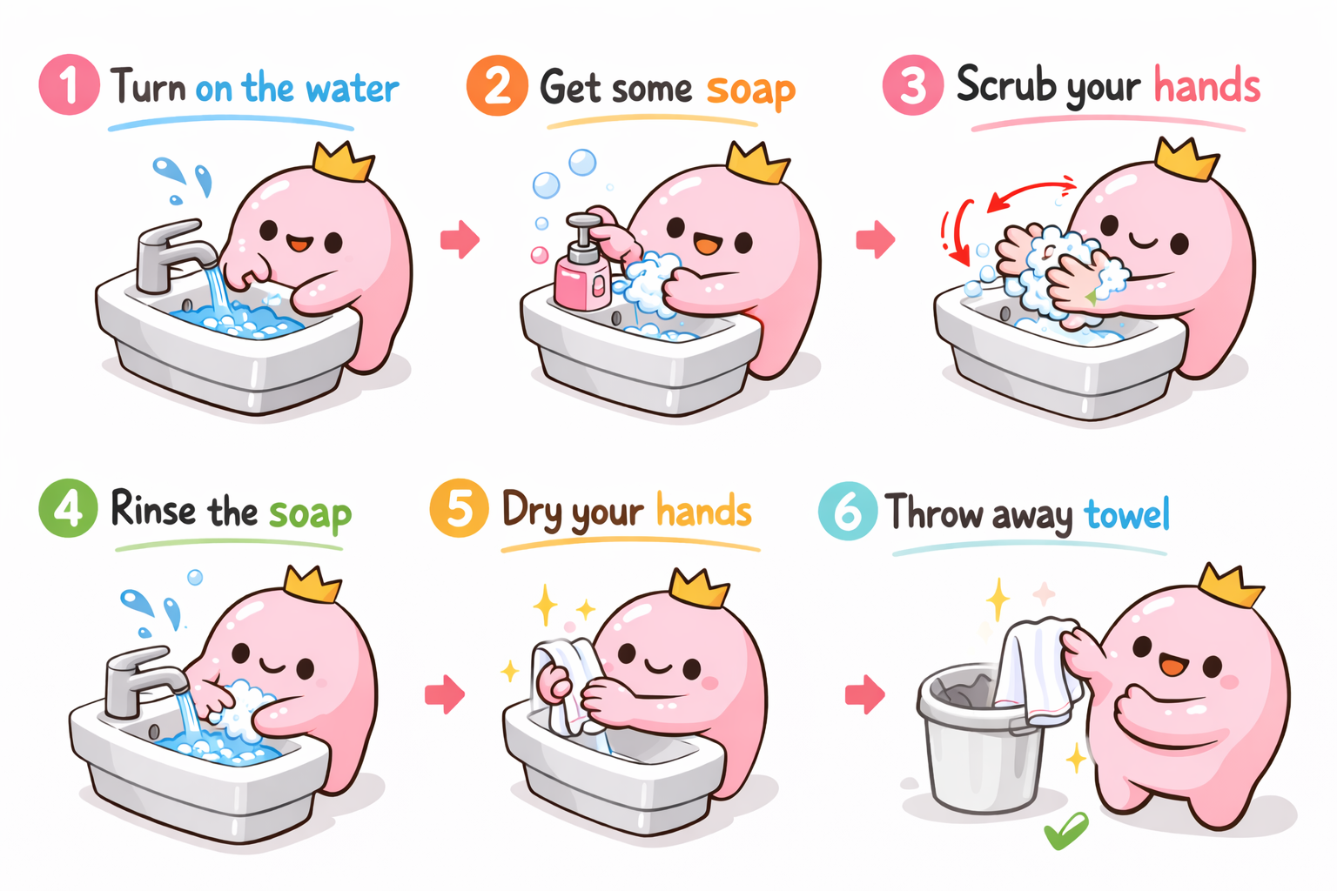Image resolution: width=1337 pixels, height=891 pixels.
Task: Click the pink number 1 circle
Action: (x=70, y=84)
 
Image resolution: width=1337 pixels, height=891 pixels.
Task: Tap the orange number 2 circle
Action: (x=497, y=85)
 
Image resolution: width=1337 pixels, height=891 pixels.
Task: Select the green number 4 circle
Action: (x=68, y=508)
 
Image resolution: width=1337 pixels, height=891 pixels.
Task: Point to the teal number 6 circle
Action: (x=848, y=511)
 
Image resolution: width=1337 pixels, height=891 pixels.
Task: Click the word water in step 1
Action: (x=353, y=89)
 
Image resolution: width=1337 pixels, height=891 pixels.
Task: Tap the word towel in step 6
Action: (x=1125, y=513)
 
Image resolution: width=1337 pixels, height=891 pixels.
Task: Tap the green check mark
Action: (x=1066, y=830)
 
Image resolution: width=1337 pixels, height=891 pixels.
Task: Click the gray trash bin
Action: (x=982, y=739)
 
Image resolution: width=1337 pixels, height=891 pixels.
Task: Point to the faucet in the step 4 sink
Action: (x=144, y=681)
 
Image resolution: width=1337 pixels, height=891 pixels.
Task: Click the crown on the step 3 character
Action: (x=1186, y=158)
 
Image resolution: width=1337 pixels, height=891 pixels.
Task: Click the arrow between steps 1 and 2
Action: (x=460, y=239)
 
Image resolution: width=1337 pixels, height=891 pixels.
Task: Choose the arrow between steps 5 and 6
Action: (x=865, y=694)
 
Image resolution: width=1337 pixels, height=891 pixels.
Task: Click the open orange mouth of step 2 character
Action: (x=707, y=245)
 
